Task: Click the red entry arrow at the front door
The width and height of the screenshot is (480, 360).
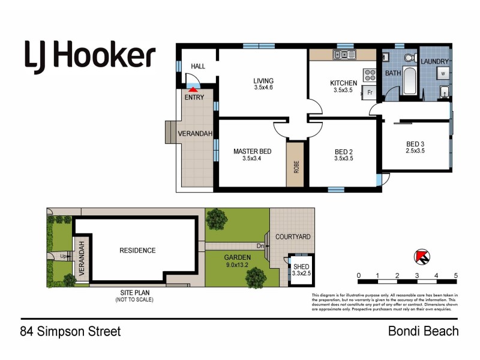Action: tap(193, 89)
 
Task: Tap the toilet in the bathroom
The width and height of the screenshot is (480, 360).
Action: tap(409, 58)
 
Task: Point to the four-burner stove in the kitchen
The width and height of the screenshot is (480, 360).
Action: tap(370, 76)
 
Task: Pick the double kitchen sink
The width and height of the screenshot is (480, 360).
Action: tap(345, 56)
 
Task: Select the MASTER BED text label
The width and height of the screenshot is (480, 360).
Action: tap(252, 151)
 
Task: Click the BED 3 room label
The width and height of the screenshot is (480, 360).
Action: tap(416, 143)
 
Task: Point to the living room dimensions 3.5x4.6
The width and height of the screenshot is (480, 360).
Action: tap(263, 88)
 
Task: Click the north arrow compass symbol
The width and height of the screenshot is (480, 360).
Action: tap(422, 257)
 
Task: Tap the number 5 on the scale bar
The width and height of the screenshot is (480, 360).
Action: tap(456, 276)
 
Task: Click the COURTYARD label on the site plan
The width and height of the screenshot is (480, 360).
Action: tap(293, 237)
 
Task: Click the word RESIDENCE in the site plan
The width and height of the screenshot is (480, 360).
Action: tap(137, 250)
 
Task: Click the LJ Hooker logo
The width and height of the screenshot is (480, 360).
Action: tap(90, 56)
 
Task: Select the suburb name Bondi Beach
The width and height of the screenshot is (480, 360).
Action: tap(423, 331)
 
